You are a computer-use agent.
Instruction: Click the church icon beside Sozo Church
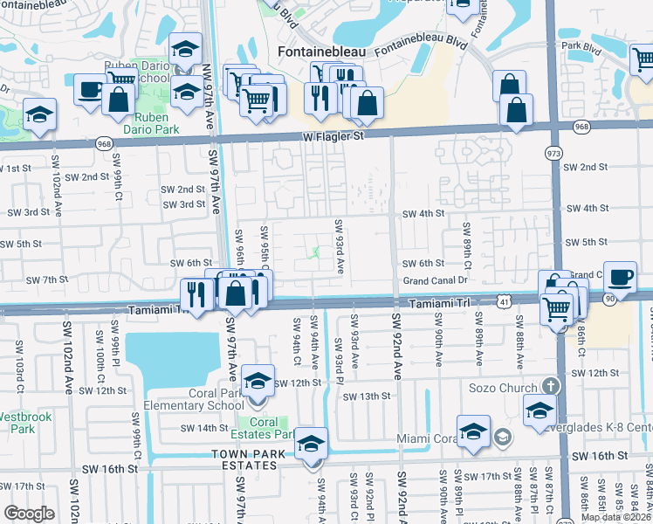coord(548,385)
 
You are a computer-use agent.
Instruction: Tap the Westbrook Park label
coord(17,423)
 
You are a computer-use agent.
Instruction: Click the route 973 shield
coord(553,154)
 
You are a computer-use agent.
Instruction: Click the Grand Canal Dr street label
coord(436,280)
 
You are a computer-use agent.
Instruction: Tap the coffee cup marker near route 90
coord(620,277)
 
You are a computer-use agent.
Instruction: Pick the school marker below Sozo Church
coord(540,410)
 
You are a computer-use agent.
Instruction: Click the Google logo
coord(29,513)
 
